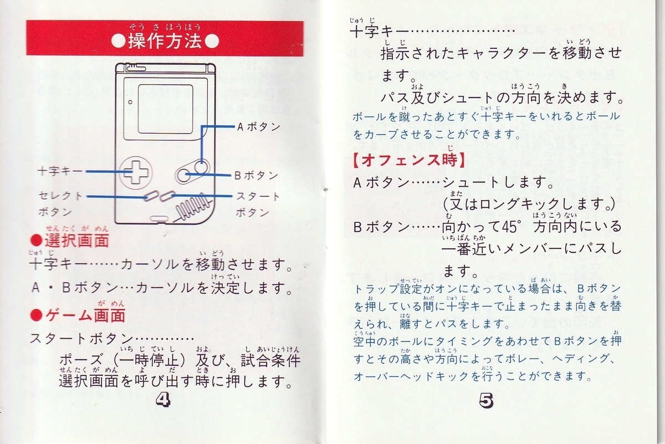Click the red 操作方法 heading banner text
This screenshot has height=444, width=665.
[x=165, y=41]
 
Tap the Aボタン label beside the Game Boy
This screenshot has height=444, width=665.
[x=259, y=127]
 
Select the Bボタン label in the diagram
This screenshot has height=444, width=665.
[x=256, y=176]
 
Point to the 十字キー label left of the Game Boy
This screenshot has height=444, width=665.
[x=60, y=171]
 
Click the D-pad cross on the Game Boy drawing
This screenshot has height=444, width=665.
[x=136, y=172]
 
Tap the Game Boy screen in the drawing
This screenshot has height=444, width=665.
[x=165, y=109]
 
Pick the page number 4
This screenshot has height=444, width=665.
[x=163, y=400]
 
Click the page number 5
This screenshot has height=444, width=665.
[x=487, y=401]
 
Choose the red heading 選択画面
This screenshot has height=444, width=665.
[x=77, y=241]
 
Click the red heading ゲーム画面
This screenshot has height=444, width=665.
[x=85, y=315]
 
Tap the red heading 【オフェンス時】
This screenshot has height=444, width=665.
[x=409, y=160]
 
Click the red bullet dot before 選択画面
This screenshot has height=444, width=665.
[x=37, y=241]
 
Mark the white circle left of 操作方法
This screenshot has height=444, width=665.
[x=119, y=42]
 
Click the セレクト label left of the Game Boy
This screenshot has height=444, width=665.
[x=60, y=196]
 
